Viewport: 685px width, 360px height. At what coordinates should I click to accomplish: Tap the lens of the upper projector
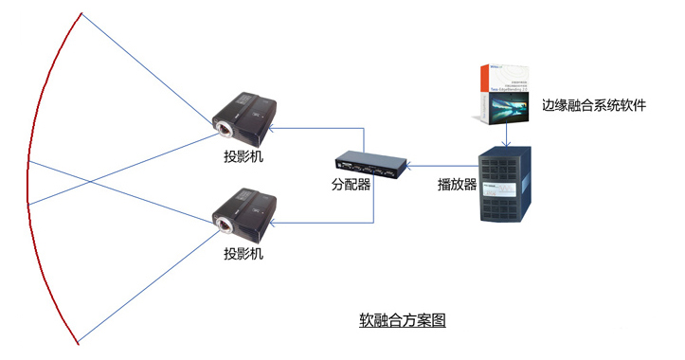pyautogui.click(x=225, y=127)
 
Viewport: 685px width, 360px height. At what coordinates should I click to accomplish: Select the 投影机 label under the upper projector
pyautogui.click(x=243, y=156)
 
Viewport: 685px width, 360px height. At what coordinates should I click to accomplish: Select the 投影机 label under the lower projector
pyautogui.click(x=243, y=255)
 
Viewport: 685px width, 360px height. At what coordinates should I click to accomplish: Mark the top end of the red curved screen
pyautogui.click(x=81, y=13)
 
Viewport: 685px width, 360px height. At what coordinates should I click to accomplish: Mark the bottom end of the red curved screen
pyautogui.click(x=79, y=342)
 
